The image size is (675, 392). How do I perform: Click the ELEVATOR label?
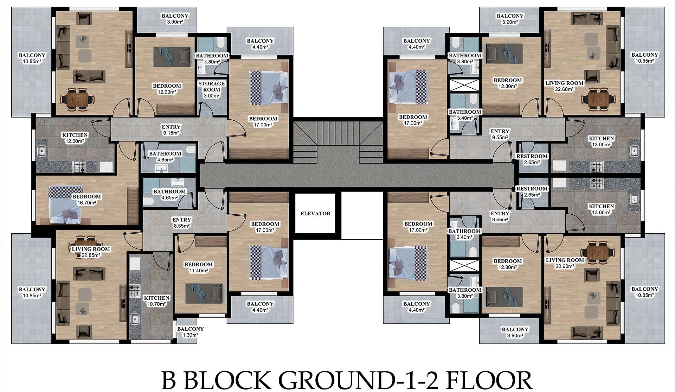[315, 213]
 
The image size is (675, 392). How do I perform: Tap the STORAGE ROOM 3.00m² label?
[211, 89]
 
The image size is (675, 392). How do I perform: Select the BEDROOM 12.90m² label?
[167, 89]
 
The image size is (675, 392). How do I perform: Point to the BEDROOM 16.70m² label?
[86, 200]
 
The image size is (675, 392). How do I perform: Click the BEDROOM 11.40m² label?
[199, 267]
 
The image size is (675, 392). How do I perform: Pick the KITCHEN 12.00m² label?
[75, 138]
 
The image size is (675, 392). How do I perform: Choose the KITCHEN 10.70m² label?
[157, 301]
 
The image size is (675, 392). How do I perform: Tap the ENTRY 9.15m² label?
[171, 130]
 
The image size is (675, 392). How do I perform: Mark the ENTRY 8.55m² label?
[182, 223]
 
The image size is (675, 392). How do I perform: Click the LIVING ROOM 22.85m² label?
[91, 252]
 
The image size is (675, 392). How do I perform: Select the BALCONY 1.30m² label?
[190, 332]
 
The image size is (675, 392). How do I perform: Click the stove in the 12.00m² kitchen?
[79, 167]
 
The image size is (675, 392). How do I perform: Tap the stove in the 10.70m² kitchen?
[134, 290]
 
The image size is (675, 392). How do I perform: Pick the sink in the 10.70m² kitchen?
[134, 319]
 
